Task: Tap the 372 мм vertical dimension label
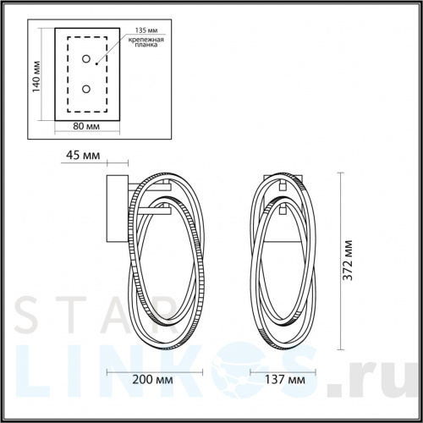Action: pos(350,263)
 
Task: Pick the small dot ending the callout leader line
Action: pos(97,62)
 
